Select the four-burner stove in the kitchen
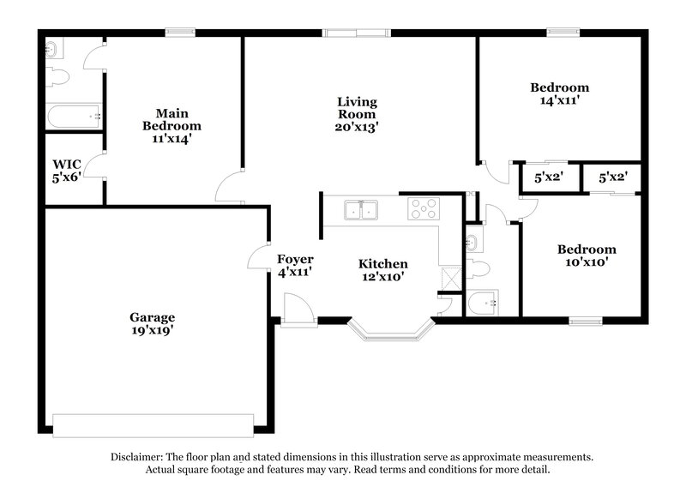[423, 208]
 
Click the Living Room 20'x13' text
[357, 114]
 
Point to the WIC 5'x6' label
[65, 168]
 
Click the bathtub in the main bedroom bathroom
[74, 115]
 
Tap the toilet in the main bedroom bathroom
[58, 78]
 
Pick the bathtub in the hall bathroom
[485, 302]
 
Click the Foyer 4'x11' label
[294, 265]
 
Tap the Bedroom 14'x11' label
[559, 93]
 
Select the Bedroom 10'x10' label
[587, 256]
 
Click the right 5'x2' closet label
[611, 178]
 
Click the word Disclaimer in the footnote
[139, 457]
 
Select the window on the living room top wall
[357, 33]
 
